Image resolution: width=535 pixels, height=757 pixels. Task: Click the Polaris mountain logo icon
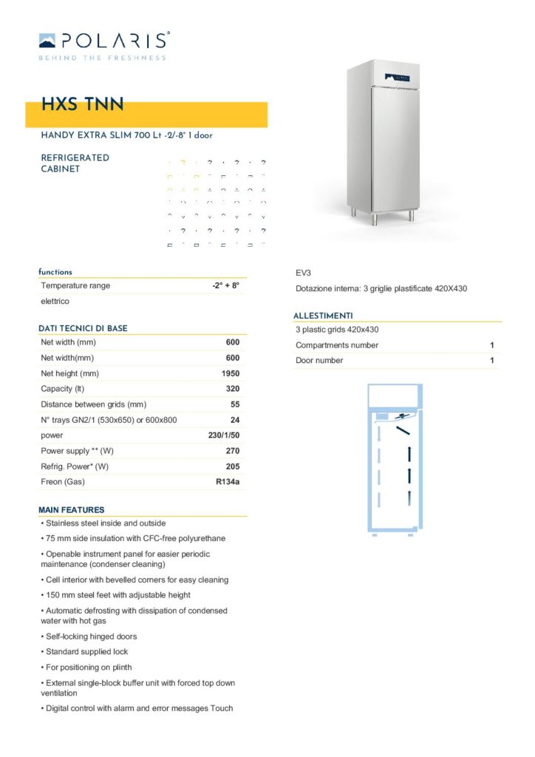(x=47, y=40)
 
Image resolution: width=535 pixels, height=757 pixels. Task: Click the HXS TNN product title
(x=82, y=105)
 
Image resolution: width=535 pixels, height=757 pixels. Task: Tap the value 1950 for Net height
(x=231, y=373)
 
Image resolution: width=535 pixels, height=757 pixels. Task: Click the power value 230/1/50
(x=224, y=435)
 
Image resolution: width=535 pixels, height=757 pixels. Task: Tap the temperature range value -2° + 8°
(x=225, y=285)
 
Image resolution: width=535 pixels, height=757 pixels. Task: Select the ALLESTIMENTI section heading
(x=323, y=316)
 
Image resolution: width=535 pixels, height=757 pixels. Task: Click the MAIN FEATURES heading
(x=71, y=509)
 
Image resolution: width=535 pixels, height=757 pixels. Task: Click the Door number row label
(x=319, y=361)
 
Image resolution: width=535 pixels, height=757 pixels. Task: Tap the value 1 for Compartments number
(x=492, y=345)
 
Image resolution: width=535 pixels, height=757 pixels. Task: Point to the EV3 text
(x=303, y=273)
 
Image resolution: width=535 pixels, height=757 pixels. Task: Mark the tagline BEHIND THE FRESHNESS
(x=102, y=57)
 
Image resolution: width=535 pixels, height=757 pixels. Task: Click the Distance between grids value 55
(x=235, y=404)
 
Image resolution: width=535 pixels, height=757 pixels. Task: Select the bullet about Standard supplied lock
(x=86, y=652)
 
